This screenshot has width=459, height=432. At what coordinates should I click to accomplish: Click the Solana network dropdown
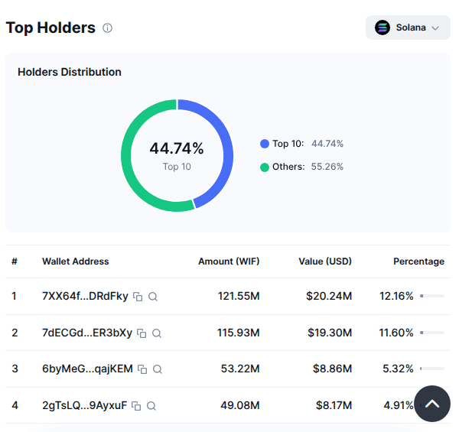pos(408,28)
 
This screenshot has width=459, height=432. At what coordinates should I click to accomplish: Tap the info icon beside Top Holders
pos(107,28)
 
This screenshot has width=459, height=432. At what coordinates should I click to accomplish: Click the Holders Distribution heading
pos(70,72)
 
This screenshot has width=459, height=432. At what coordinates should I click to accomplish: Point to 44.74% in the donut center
pos(177,148)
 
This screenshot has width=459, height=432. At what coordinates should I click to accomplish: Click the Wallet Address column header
pos(76,261)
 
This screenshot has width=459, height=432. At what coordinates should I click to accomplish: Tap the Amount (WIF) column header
pos(229,261)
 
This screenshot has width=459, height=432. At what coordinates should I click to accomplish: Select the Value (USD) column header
pos(325,261)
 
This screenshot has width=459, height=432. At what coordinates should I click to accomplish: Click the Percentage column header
pos(418,261)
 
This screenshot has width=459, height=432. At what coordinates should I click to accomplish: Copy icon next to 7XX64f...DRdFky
pos(138,297)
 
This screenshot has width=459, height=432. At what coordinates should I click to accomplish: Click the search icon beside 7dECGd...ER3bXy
pos(157,333)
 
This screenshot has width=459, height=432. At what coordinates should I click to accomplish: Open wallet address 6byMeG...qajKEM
pos(87,369)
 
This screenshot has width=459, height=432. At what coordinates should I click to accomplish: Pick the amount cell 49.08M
pos(240,406)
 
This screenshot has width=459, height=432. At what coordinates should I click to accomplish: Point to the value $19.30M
pos(329,333)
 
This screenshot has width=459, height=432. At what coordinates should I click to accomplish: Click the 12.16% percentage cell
pos(396,297)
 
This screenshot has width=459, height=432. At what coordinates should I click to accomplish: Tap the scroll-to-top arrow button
pos(432,404)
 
